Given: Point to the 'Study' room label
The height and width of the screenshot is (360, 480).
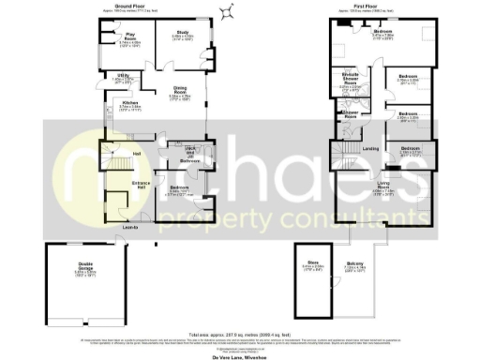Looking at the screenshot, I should point(182,36).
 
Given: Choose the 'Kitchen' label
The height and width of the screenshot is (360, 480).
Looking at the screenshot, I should point(130,104).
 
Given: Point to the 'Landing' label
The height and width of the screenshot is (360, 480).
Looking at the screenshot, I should point(369,148).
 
